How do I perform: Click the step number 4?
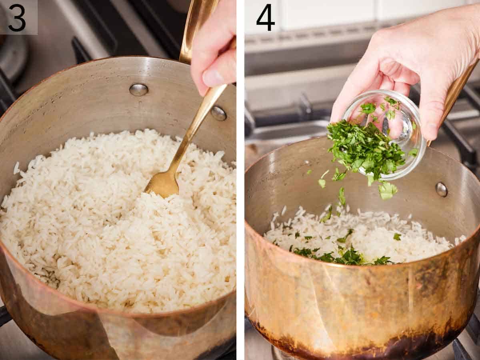[x=265, y=18]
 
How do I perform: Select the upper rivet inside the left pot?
[x=138, y=90]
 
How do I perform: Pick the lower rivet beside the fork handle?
[x=218, y=113]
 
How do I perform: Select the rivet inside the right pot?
[x=441, y=189]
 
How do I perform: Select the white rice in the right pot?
[x=400, y=240]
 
